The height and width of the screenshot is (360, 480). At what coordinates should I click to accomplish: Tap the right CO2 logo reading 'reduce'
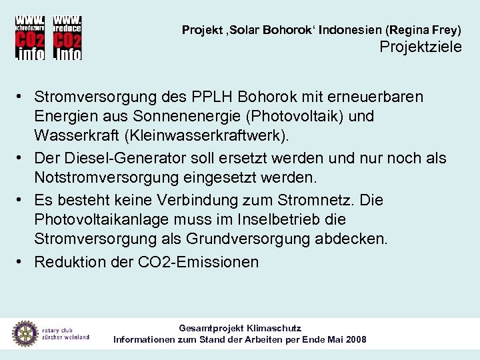(x=67, y=37)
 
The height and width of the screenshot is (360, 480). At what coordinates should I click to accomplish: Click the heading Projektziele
(x=420, y=47)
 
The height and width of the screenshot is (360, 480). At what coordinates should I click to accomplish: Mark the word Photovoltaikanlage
(x=103, y=219)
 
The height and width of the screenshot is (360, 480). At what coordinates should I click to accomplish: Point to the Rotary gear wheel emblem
(x=25, y=333)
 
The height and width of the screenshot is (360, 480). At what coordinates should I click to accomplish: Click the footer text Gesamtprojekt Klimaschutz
(x=240, y=328)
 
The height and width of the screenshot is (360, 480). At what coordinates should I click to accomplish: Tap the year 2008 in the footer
(x=353, y=339)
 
